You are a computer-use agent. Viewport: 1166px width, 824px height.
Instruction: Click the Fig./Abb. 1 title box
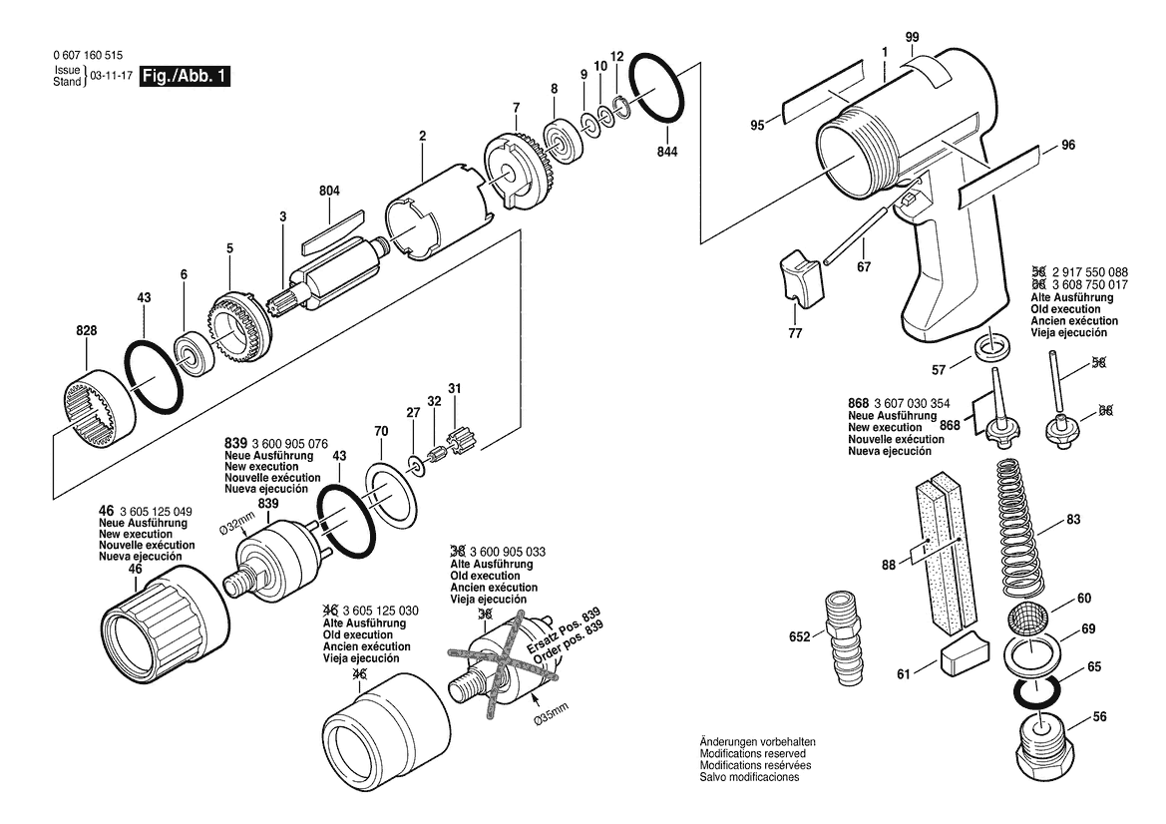tap(186, 76)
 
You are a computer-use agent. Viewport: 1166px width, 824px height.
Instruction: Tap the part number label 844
tap(667, 152)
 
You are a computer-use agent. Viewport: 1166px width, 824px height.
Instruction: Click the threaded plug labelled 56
tap(1043, 745)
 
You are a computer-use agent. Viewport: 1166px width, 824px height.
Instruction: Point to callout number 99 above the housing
tap(913, 37)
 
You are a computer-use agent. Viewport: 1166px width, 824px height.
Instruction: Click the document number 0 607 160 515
tap(88, 55)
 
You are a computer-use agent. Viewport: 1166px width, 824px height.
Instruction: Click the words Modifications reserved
tap(752, 753)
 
